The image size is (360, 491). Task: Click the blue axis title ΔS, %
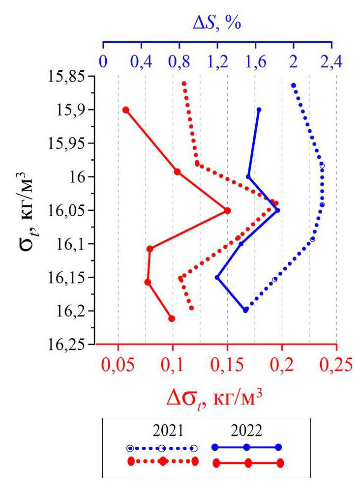(216, 23)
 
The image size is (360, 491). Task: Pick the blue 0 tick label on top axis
(103, 62)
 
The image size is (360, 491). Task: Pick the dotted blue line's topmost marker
(294, 86)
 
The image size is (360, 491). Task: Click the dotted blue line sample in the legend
(162, 448)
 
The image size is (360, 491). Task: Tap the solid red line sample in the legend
(248, 462)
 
